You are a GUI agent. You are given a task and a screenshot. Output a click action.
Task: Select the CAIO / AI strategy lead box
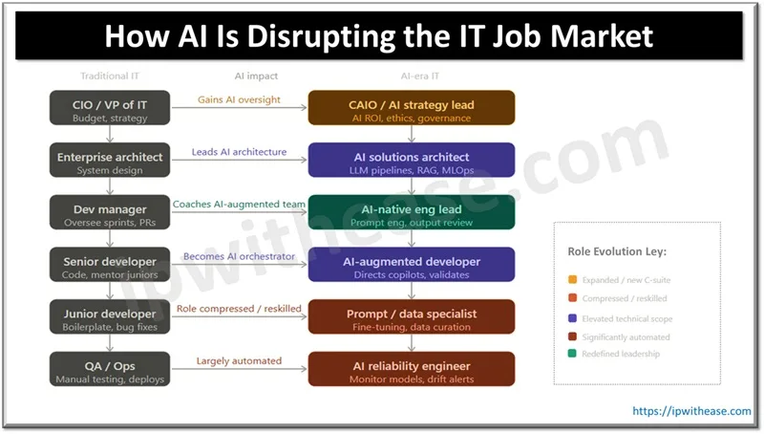[x=412, y=108]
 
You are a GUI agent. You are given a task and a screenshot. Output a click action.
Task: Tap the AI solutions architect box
[x=412, y=161]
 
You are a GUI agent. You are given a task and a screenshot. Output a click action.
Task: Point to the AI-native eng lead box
[x=412, y=213]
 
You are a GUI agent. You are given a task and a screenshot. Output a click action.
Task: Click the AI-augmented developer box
[x=412, y=266]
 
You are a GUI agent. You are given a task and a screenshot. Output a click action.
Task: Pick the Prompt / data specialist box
[x=412, y=317]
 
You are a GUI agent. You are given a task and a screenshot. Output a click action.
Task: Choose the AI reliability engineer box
[x=412, y=369]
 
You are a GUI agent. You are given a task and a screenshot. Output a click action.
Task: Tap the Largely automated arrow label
[x=239, y=360]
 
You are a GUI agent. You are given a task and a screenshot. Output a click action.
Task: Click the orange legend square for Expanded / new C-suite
[x=570, y=281]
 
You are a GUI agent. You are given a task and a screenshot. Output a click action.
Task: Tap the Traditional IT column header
[x=110, y=75]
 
